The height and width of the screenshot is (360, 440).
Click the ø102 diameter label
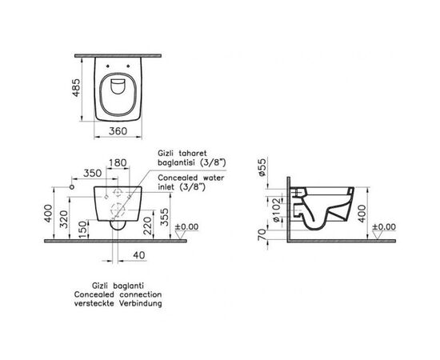pos(265,210)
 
